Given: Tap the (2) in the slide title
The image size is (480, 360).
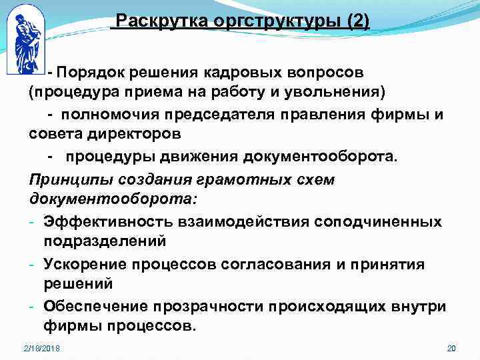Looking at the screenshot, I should coord(358,21).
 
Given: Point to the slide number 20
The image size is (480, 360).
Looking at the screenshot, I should coord(451,349).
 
